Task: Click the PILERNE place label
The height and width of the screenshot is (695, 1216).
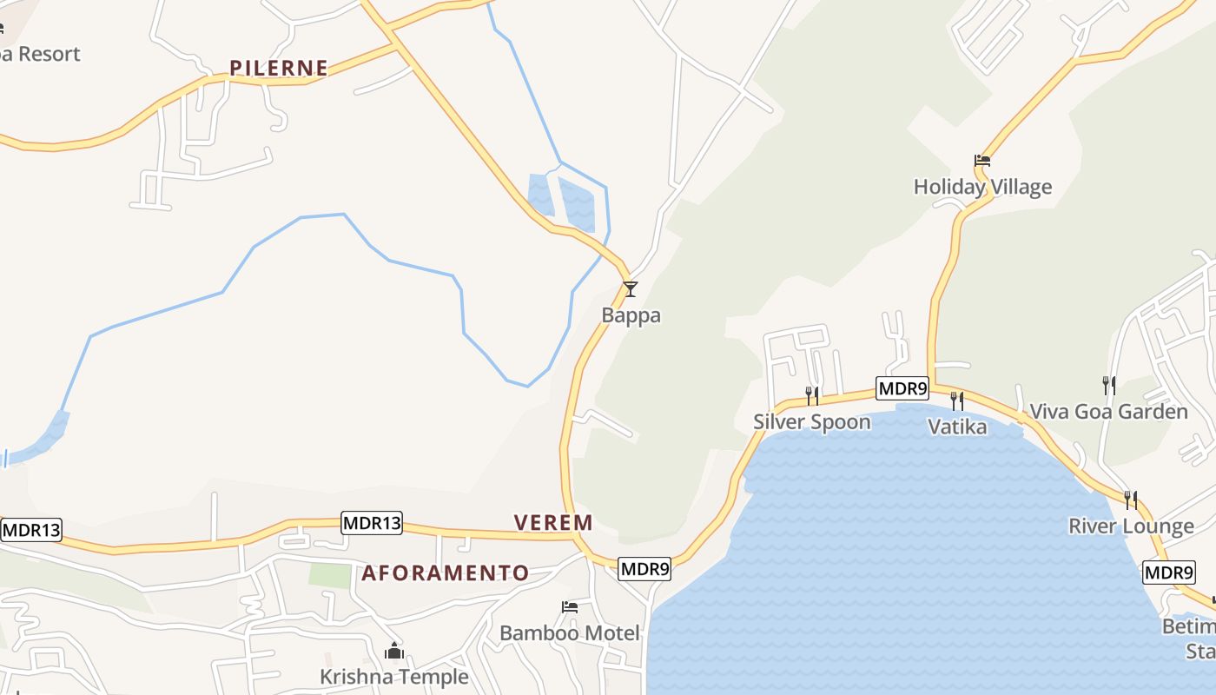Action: tap(279, 68)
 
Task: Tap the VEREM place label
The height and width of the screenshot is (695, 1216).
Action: tap(553, 522)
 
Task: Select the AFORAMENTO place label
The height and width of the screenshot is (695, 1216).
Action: tap(445, 573)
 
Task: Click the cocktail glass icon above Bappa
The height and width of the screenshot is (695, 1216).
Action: tap(631, 289)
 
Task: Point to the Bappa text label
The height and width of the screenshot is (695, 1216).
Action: tap(631, 315)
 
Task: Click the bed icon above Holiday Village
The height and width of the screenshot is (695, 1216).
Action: tap(982, 161)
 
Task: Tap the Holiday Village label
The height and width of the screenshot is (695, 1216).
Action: tap(982, 187)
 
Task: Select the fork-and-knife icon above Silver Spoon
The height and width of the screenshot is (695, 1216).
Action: tap(812, 395)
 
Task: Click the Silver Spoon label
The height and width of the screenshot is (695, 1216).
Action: tap(811, 422)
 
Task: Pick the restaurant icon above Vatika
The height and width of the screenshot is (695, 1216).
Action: tap(957, 400)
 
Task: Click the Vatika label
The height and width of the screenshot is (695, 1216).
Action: tap(957, 427)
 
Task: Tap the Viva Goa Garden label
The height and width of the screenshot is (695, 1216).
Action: tap(1108, 412)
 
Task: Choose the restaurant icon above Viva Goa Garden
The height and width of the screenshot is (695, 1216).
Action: tap(1108, 385)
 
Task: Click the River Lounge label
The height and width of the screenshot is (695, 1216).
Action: tap(1131, 526)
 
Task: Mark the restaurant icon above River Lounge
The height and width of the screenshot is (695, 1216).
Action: tap(1131, 500)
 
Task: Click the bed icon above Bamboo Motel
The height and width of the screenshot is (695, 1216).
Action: tap(570, 606)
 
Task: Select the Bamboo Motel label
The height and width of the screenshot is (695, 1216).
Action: tap(570, 633)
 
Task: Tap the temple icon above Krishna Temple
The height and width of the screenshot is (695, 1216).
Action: tap(394, 650)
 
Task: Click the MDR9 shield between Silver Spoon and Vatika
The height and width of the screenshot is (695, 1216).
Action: tap(902, 388)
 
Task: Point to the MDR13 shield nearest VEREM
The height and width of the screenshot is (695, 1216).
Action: tap(372, 522)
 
